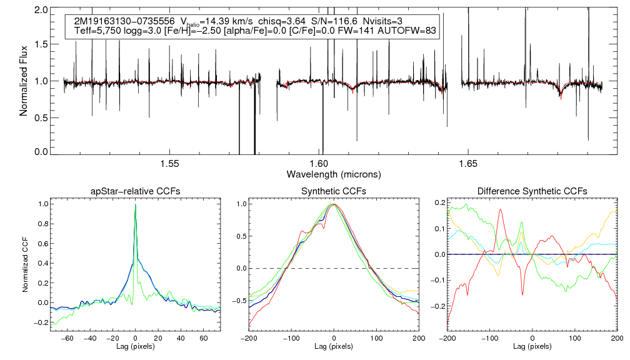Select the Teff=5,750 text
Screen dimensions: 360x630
[96, 31]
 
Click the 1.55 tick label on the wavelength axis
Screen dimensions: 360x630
[170, 164]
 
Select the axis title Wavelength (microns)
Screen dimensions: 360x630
[333, 174]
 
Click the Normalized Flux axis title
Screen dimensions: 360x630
[24, 82]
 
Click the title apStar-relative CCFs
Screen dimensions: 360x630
[135, 191]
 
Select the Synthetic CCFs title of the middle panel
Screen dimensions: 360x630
[334, 191]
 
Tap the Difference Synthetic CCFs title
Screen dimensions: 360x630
[532, 191]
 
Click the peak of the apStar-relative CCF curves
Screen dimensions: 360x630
[135, 205]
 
